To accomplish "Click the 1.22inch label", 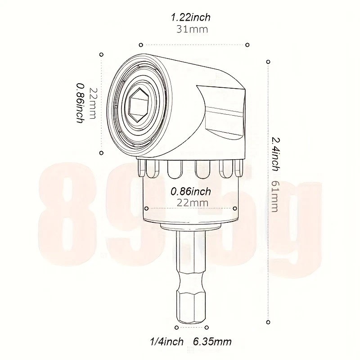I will tap(190, 18).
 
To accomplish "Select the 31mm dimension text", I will tap(190, 30).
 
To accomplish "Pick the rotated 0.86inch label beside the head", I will tap(80, 103).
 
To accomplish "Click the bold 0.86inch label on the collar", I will tap(191, 191).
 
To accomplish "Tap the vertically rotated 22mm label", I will tap(93, 103).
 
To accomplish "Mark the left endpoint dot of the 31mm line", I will tap(141, 45).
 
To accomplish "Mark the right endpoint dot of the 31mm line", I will tap(247, 45).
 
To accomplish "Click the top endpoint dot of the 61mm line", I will tap(268, 61).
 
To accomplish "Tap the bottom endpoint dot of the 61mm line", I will tap(268, 321).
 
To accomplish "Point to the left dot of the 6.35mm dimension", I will tap(175, 328).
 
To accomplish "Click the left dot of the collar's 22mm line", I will tap(147, 208).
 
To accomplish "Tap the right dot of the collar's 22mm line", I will tap(235, 208).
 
